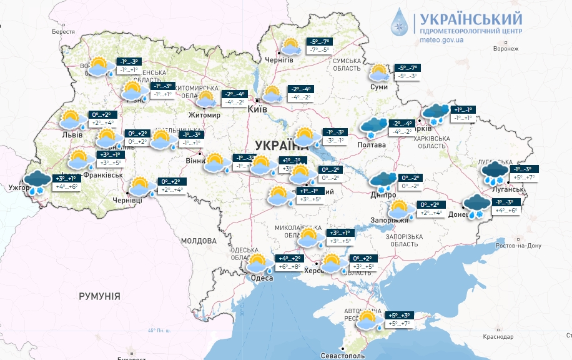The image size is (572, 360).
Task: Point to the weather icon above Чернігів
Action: point(290,47)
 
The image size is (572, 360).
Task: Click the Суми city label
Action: point(378,87)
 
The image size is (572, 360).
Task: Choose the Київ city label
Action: point(258,109)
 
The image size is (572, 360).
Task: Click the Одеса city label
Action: point(262,278)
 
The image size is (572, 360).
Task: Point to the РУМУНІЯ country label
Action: point(99,296)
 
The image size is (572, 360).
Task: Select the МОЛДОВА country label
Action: point(198,241)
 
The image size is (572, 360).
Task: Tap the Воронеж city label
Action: point(505,48)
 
